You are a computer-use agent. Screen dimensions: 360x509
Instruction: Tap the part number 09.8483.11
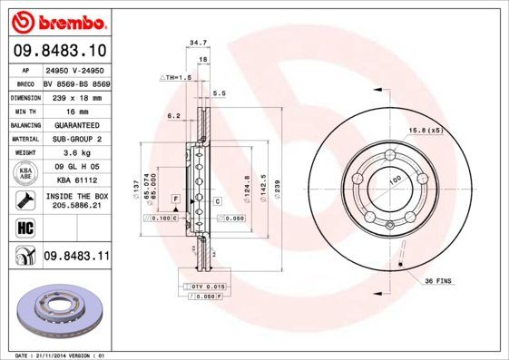(x=75, y=257)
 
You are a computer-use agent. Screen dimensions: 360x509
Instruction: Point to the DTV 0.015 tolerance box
(x=208, y=287)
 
